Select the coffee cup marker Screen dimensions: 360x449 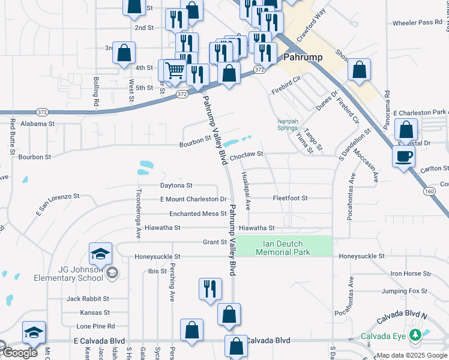[x=403, y=156]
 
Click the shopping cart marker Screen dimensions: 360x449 [x=174, y=70]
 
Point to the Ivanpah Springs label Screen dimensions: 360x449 [x=288, y=124]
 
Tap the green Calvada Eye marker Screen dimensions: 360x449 [x=414, y=334]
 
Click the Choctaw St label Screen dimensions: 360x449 [x=247, y=154]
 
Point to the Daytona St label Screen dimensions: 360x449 [x=176, y=185]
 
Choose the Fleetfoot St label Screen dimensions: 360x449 [x=290, y=198]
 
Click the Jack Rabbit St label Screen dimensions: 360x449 [x=88, y=298]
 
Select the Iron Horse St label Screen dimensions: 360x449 [x=411, y=274]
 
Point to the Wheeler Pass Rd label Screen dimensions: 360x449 [x=417, y=23]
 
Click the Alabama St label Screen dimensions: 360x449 [x=37, y=124]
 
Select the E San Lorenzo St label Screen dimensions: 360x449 [x=58, y=203]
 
